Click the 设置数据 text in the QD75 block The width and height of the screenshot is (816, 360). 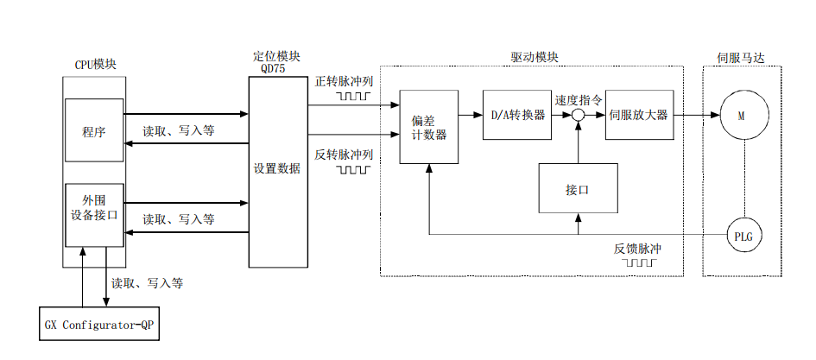[x=276, y=168]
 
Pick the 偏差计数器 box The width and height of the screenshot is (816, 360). [x=428, y=127]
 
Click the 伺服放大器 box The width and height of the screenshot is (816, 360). [x=638, y=115]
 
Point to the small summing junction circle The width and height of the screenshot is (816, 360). [x=578, y=116]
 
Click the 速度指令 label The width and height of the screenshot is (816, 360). [x=578, y=99]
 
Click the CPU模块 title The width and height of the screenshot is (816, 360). [x=95, y=65]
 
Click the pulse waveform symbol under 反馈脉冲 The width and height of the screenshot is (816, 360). [x=637, y=261]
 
